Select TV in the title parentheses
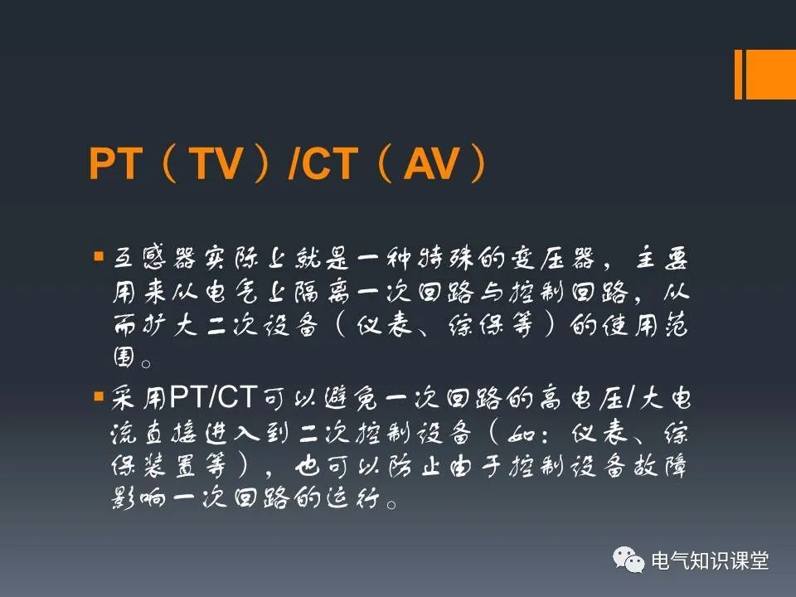pos(216,163)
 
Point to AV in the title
pos(431,163)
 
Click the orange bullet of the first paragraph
pos(99,256)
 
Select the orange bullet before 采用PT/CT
pos(99,396)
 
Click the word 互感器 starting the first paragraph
pos(154,257)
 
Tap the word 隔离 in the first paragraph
pos(322,293)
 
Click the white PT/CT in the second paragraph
pos(214,396)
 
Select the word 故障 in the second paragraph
pos(660,466)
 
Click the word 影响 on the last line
pos(138,498)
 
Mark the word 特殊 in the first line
pos(446,257)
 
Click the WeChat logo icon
pos(629,560)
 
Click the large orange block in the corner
pos(770,74)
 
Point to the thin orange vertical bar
pos(738,74)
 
